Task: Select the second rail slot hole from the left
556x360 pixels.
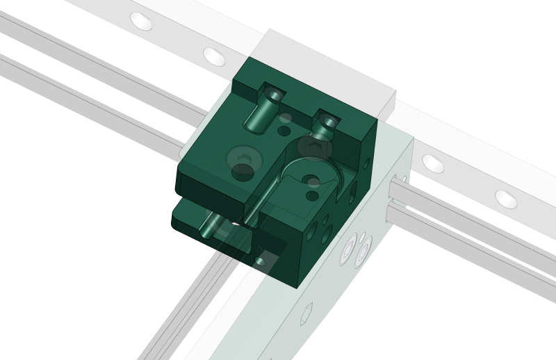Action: [x=215, y=54]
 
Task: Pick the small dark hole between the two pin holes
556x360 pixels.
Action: [x=284, y=130]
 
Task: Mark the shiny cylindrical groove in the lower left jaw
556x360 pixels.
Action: [x=208, y=225]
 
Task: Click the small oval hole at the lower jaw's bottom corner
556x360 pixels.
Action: [x=260, y=259]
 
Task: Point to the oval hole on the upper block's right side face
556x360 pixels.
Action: [x=366, y=164]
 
